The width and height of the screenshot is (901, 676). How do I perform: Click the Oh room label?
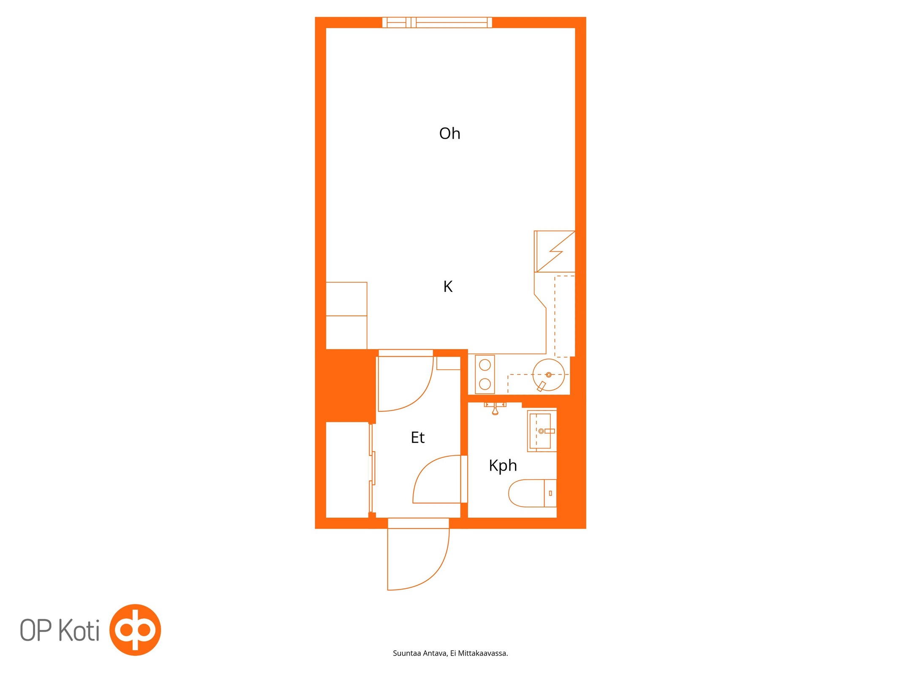449,134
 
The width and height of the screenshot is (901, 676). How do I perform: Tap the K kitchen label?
448,286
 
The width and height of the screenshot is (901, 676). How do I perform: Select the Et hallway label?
417,437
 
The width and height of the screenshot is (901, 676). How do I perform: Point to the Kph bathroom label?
503,466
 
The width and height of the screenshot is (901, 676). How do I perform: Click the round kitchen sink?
548,375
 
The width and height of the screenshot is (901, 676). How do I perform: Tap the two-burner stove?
485,374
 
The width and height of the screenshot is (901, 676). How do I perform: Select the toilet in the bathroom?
532,493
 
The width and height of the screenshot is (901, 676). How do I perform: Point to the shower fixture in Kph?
495,408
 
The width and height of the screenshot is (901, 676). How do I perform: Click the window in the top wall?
437,22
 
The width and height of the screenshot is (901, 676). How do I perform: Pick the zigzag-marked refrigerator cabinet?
554,251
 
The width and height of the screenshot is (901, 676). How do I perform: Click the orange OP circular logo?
135,630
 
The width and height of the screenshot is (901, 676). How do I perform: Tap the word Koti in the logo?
79,630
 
